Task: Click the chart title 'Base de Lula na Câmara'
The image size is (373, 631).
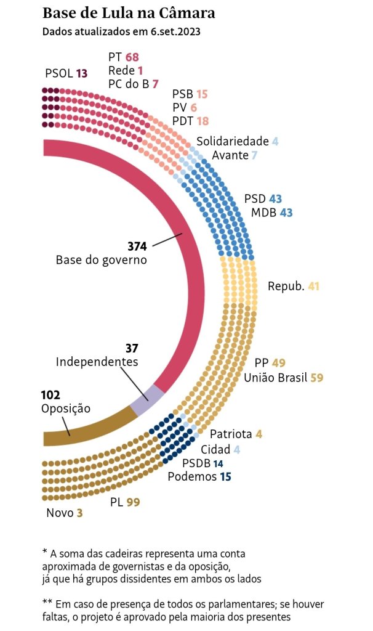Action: coord(129,13)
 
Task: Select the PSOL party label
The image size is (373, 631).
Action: coord(58,73)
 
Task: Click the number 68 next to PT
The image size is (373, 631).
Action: coord(132,58)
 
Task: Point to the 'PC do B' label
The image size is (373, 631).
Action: coord(128,84)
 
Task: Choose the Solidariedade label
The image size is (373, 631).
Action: coord(232,141)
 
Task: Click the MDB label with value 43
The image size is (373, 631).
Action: coord(265,213)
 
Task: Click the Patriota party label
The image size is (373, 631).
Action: coord(230,434)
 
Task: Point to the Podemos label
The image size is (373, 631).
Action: coord(192,476)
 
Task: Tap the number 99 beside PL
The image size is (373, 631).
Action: coord(133,503)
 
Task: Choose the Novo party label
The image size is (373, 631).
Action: coord(60,513)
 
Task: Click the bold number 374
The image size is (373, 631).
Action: coord(137,246)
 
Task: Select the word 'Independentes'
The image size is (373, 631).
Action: coord(97,362)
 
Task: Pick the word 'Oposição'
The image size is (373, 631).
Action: coord(65,408)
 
